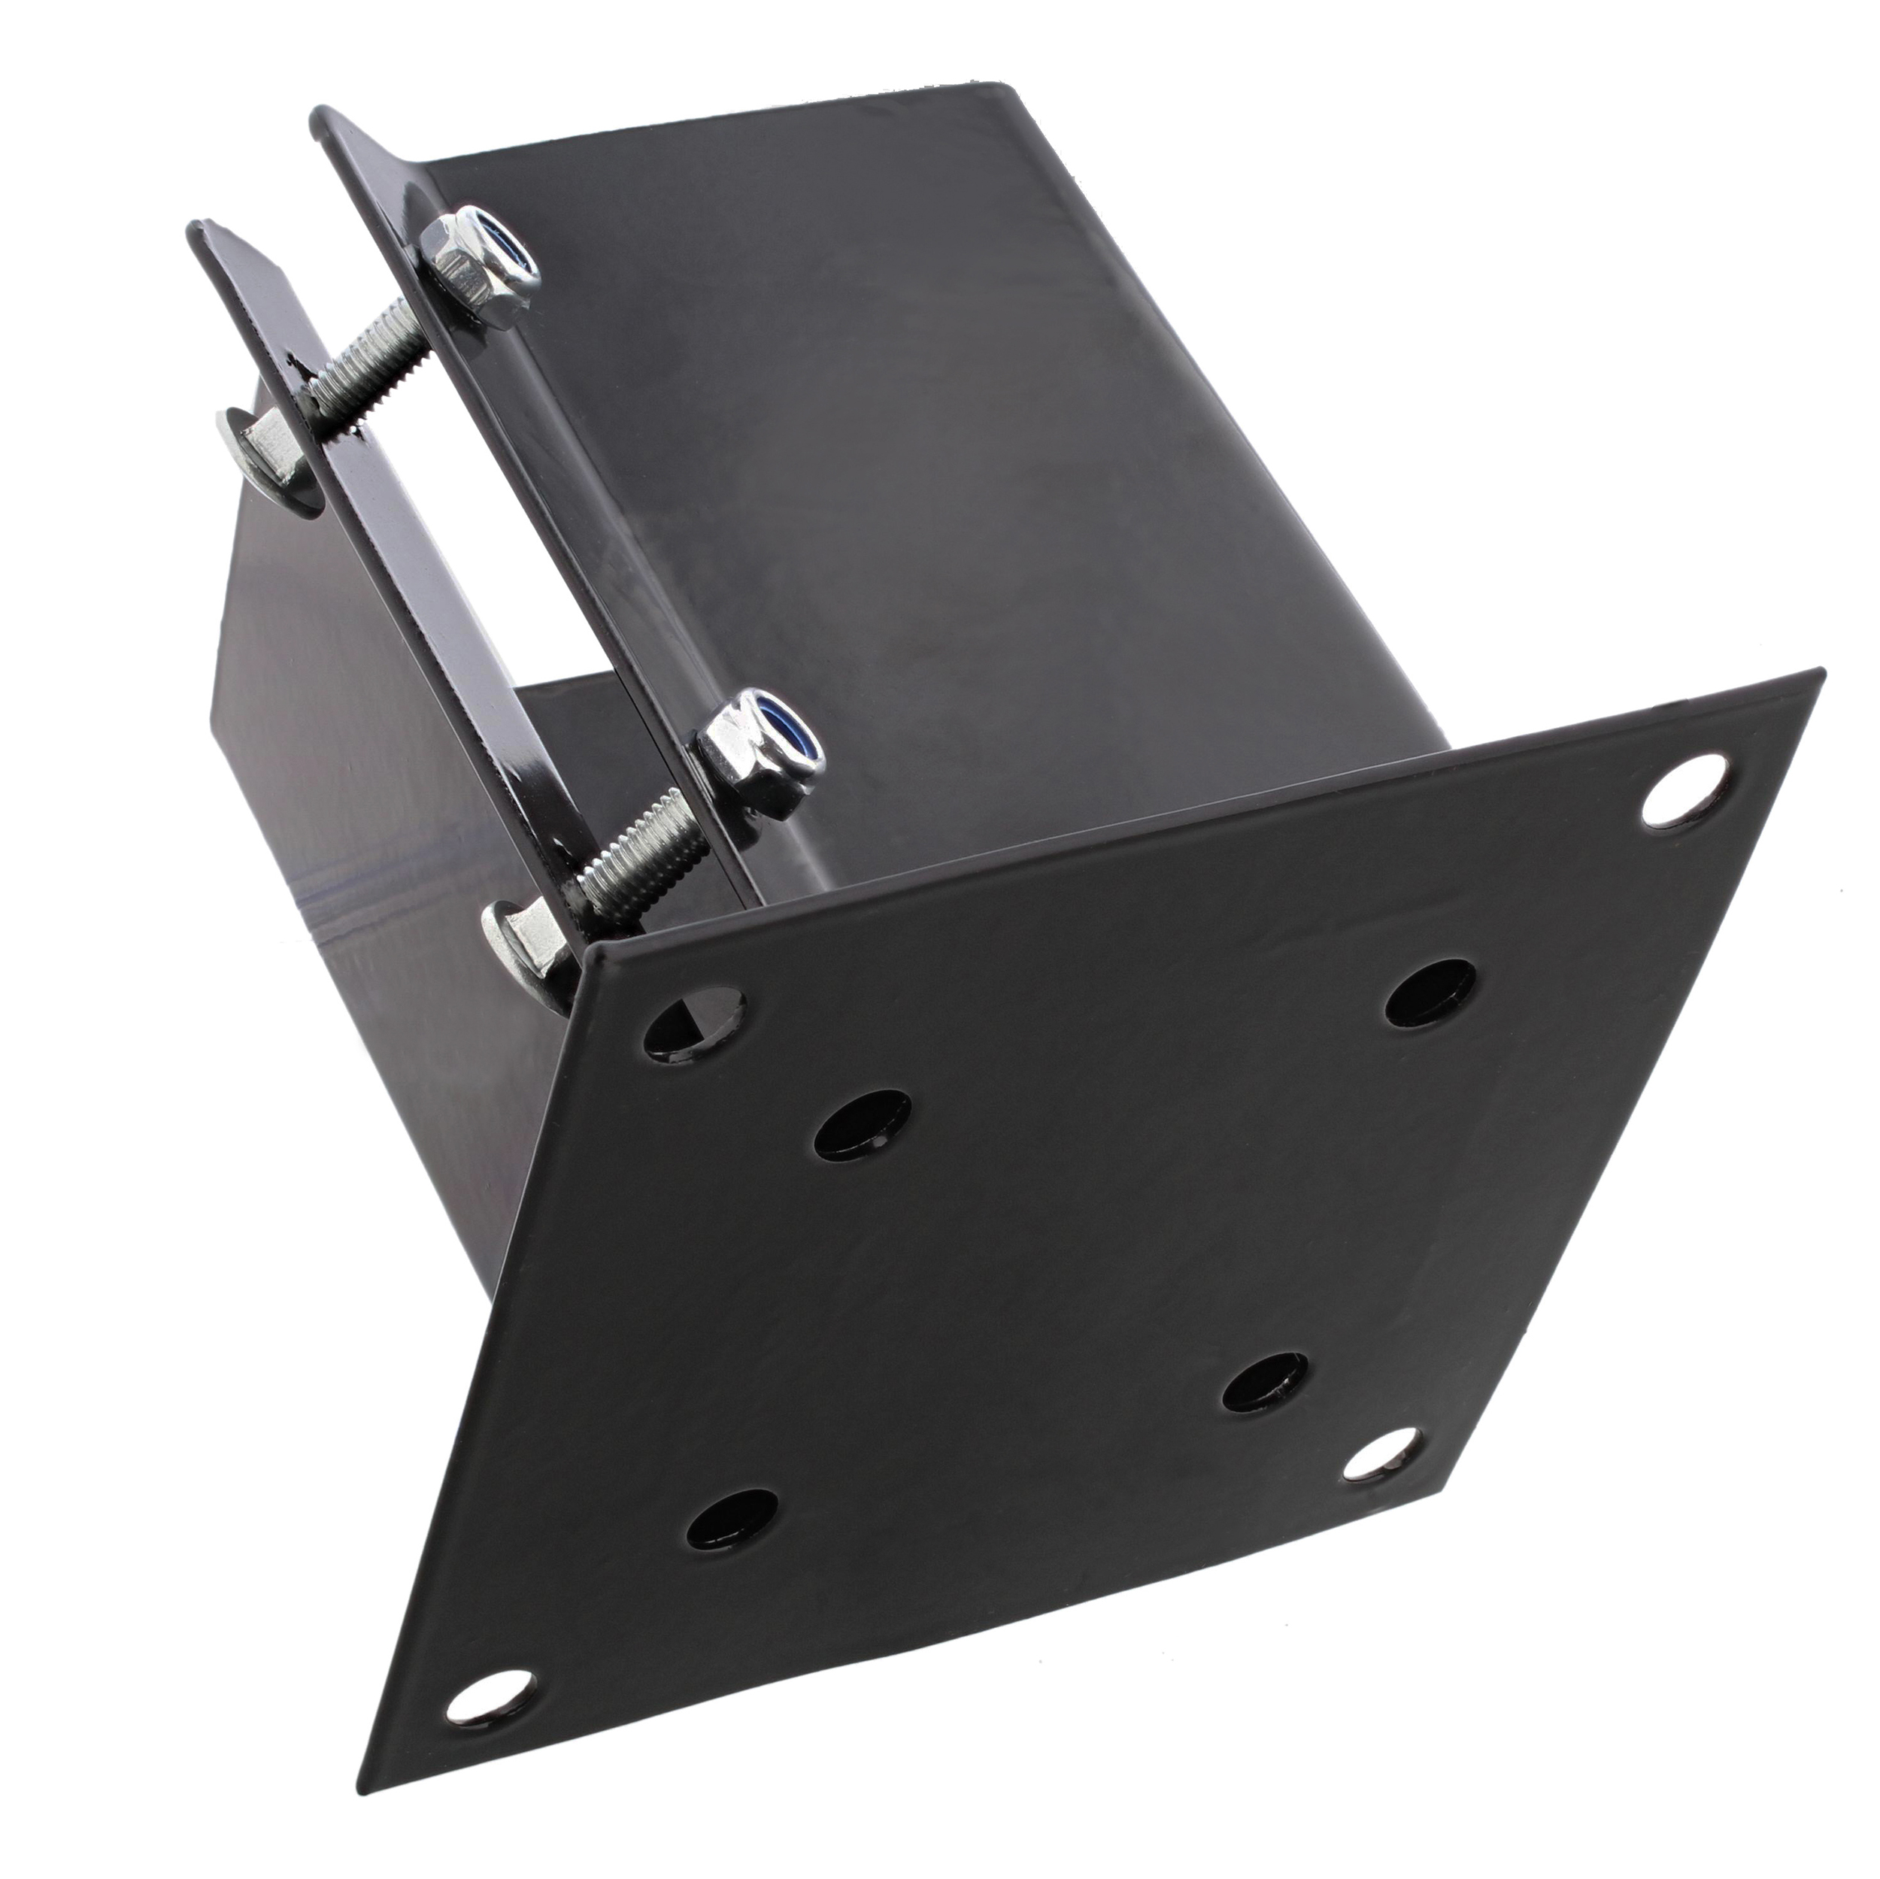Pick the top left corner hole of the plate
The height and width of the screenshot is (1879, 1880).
(x=698, y=1025)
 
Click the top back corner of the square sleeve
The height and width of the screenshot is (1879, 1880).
(x=993, y=86)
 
